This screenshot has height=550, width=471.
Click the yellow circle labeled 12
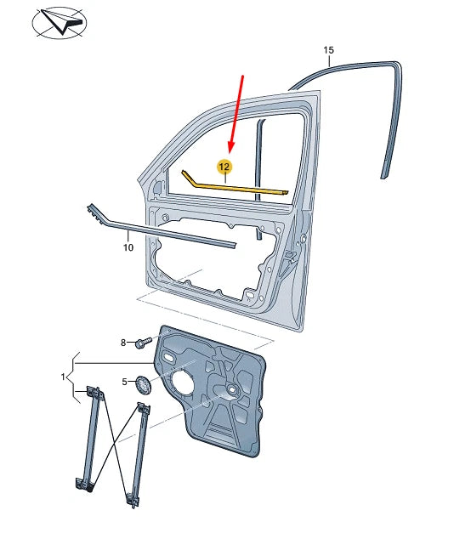pos(224,167)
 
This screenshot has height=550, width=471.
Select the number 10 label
pos(128,248)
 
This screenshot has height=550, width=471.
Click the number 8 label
pos(123,343)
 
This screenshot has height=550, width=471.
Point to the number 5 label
pos(124,382)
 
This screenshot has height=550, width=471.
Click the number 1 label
pos(64,375)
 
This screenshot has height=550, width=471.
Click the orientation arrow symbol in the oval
pos(60,23)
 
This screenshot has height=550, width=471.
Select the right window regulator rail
pos(137,455)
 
